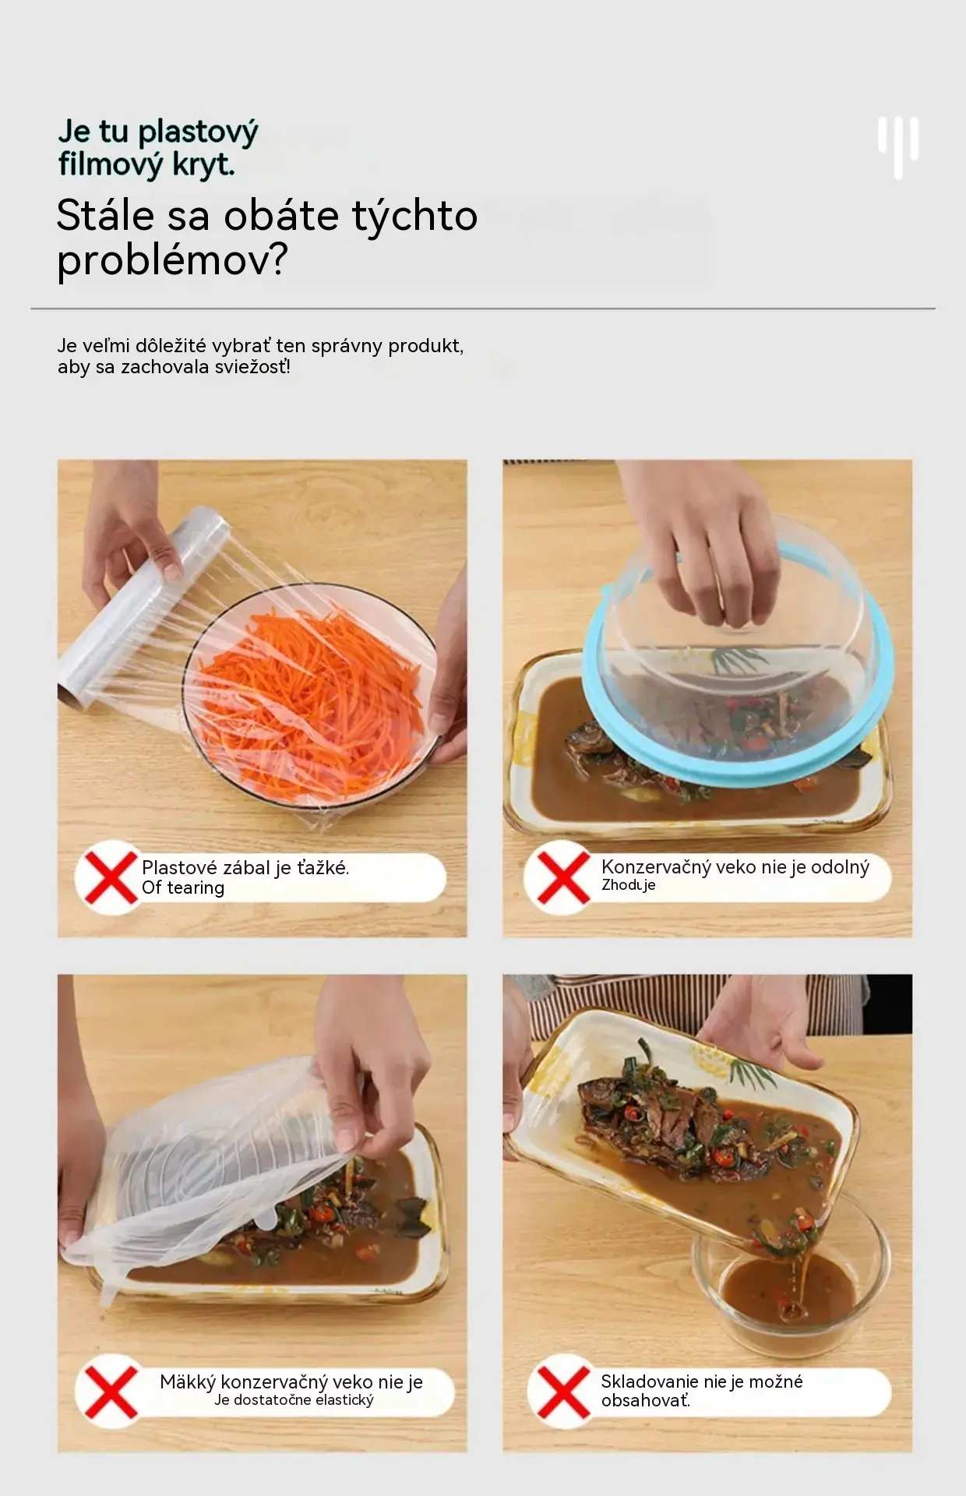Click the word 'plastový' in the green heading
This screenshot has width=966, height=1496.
coord(197,132)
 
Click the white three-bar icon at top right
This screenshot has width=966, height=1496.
coord(898,146)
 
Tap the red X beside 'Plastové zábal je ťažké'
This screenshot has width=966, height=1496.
coord(110,877)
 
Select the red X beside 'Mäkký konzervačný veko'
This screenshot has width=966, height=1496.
coord(110,1392)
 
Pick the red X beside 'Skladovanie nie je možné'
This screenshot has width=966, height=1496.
coord(562,1392)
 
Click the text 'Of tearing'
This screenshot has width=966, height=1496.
coord(183,888)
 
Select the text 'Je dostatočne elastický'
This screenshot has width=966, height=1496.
coord(294,1400)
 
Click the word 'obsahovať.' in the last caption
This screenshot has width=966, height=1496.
coord(646,1401)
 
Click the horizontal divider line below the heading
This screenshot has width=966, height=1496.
coord(483,309)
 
